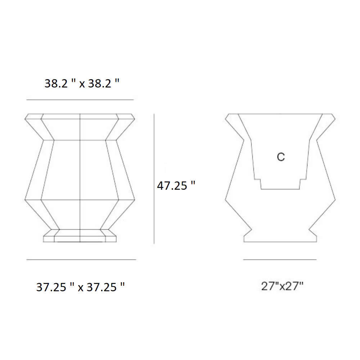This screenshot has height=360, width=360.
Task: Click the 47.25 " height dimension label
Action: point(176,185)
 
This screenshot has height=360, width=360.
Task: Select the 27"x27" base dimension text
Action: point(282,286)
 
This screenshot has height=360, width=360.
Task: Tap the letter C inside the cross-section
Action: point(281,157)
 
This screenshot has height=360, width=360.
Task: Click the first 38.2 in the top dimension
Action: point(56,84)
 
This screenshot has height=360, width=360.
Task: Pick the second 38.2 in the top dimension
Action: point(100,84)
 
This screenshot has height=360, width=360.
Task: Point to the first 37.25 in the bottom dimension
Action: point(51,287)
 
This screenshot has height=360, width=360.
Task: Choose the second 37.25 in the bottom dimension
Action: point(102,287)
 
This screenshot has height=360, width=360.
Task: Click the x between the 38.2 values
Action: point(82,84)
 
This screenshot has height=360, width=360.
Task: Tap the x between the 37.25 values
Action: point(80,288)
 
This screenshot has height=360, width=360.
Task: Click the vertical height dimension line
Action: point(154,179)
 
